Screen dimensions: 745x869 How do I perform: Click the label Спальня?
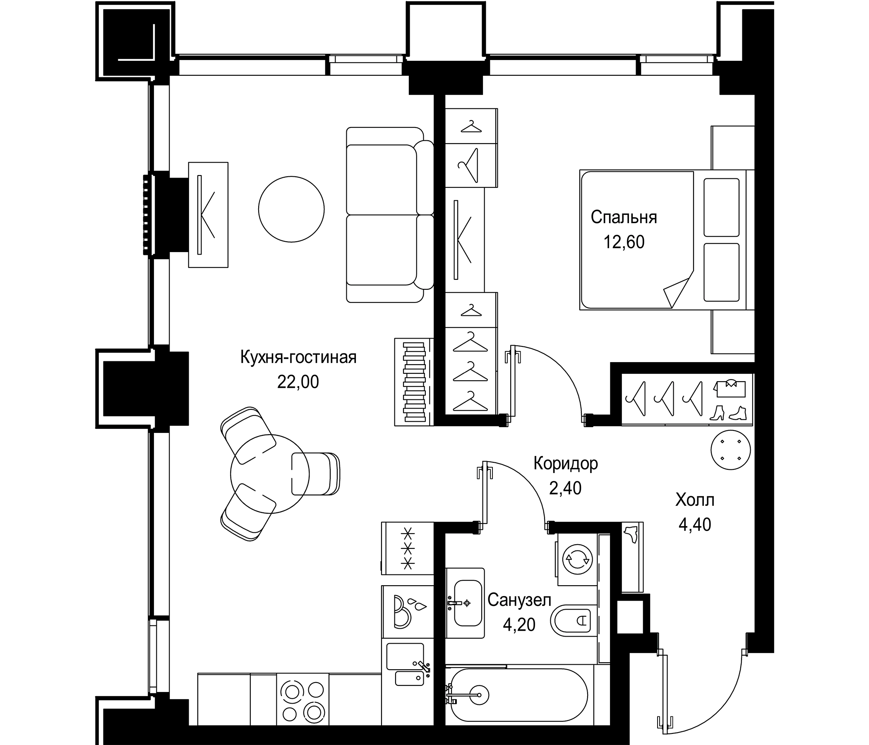coord(624,218)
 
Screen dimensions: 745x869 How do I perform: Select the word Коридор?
coord(565,464)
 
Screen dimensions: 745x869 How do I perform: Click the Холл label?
coord(694,500)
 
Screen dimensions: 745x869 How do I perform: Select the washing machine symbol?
coord(577,558)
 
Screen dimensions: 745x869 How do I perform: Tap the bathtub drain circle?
coord(478,695)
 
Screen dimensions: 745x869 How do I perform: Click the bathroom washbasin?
coord(468,603)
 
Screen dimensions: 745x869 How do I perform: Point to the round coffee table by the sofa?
coord(291,209)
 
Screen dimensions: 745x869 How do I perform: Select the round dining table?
coord(270,473)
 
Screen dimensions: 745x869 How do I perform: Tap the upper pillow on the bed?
coord(721,207)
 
